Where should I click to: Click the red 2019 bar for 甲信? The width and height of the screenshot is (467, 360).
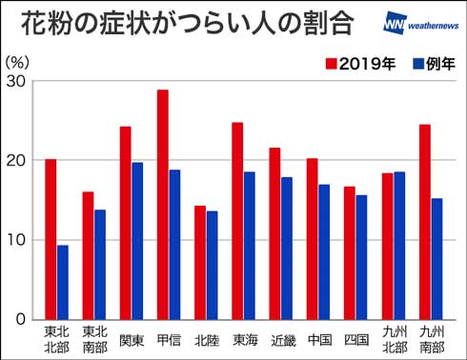[x=163, y=205]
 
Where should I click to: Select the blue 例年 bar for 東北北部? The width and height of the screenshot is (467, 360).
[x=63, y=282]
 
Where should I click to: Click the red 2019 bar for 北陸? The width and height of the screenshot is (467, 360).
[x=200, y=262]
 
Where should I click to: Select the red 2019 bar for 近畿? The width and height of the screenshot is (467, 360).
[x=274, y=233]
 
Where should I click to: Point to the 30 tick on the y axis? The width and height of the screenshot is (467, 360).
[x=18, y=81]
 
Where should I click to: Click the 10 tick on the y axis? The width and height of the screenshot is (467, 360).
[x=18, y=239]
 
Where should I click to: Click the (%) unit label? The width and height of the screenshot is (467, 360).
[x=18, y=61]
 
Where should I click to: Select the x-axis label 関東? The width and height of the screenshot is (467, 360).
[x=132, y=337]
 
